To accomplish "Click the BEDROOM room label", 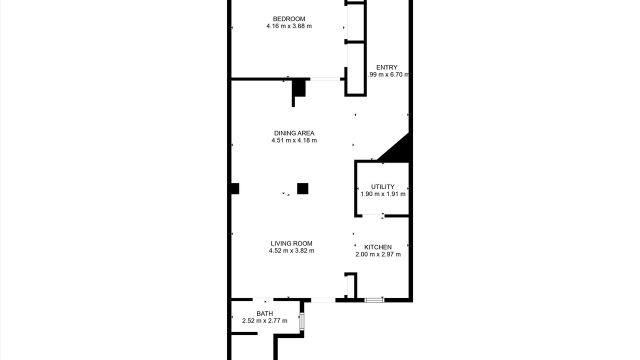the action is tap(289, 19).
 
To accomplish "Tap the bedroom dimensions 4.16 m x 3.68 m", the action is tap(289, 26).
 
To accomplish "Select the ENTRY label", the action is tap(386, 67).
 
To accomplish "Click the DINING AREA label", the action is tap(294, 133).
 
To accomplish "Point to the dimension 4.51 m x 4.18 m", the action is tap(294, 140).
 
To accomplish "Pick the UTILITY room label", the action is tap(382, 187).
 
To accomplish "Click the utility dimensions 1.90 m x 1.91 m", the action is tap(382, 194).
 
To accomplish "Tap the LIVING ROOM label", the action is tap(291, 243).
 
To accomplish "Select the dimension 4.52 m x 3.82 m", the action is tap(291, 250).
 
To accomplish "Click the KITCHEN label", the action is tap(377, 247).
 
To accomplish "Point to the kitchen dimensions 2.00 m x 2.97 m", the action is tap(377, 254).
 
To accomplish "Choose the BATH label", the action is tap(264, 313).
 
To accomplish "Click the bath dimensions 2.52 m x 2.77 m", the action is tap(264, 321).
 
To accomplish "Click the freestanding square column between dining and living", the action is tap(302, 188).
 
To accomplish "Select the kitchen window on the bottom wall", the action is tap(374, 300).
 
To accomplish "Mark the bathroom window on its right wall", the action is tap(301, 321).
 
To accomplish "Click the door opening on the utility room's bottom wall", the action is tap(372, 215).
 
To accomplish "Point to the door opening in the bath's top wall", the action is tap(263, 299).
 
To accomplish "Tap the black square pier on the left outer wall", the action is tap(235, 188).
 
